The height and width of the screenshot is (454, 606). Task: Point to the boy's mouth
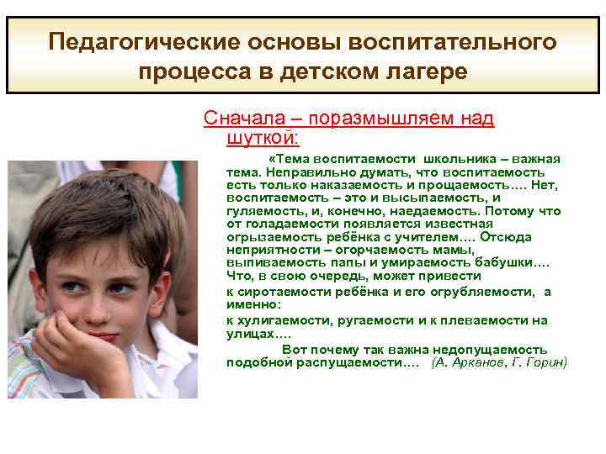tap(99, 337)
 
